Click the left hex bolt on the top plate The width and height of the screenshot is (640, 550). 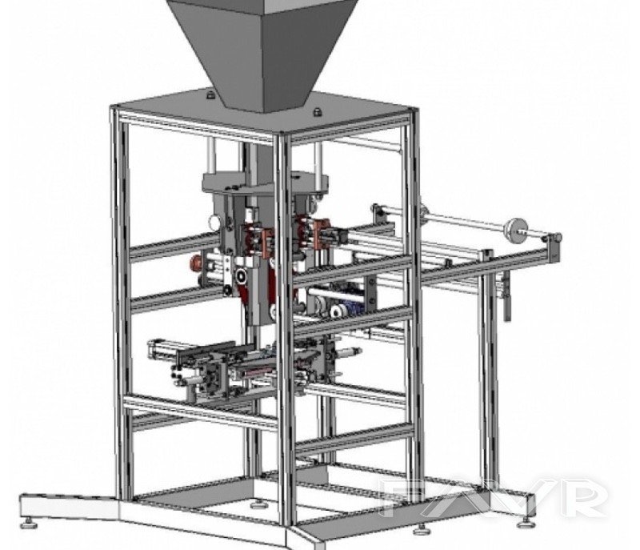coord(210,95)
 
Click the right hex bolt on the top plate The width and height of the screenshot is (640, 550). coord(317,112)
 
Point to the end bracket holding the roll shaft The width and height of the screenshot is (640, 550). coord(554,247)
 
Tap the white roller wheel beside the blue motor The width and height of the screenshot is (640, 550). coord(336,312)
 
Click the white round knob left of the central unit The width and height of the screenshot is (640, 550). coord(214,223)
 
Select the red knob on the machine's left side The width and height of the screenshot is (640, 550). coord(194,263)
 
